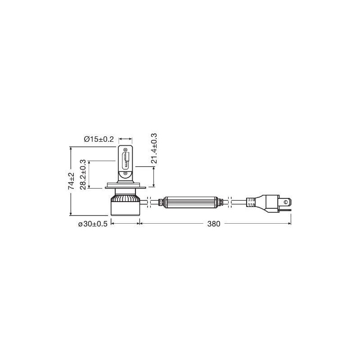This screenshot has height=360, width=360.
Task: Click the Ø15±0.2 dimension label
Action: [99, 139]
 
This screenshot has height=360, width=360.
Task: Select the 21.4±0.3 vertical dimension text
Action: [154, 149]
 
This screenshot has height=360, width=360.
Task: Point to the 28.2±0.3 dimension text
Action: [83, 174]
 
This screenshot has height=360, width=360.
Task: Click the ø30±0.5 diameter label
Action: [93, 224]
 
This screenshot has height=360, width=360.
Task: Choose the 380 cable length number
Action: [214, 224]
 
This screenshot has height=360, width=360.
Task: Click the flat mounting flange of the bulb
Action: [126, 185]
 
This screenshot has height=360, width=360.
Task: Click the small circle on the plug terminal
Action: [286, 202]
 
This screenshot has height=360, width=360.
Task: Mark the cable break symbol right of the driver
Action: [230, 202]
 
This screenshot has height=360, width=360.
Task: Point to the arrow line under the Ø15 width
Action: [126, 139]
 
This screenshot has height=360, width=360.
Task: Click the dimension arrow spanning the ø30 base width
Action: [126, 223]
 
